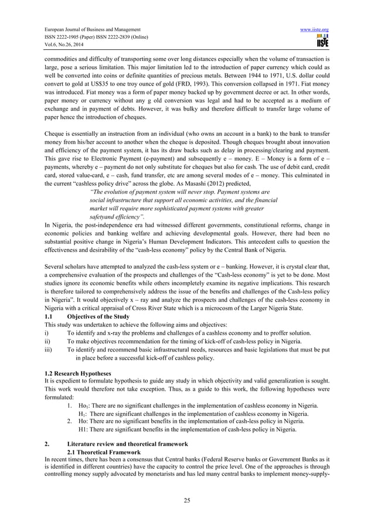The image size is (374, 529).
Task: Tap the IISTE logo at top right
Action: (322, 41)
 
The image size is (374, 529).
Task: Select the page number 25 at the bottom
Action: (186, 499)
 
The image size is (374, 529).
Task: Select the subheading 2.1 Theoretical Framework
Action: (104, 452)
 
